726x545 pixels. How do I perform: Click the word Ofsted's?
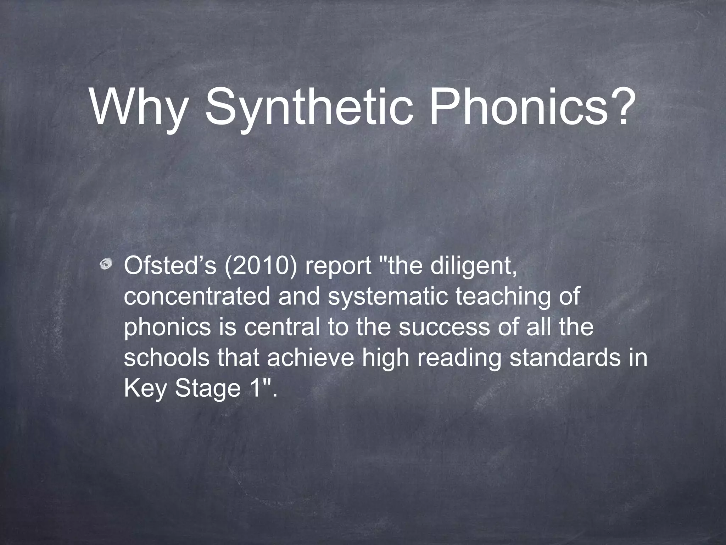pos(170,266)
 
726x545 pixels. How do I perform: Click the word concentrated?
pos(197,297)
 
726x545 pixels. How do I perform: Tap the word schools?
pos(167,357)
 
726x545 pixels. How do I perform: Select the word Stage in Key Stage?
pos(208,389)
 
